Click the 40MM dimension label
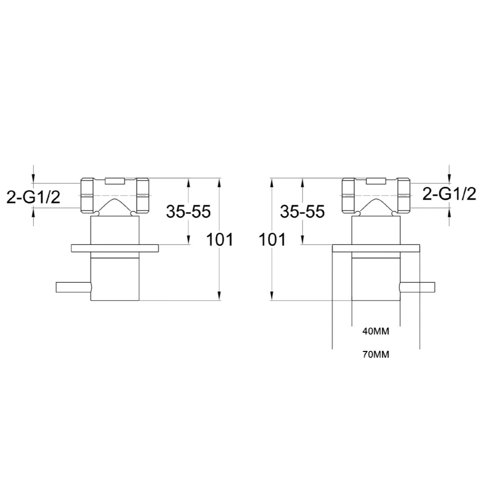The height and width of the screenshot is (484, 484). coord(376,332)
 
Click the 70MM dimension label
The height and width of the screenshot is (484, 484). coord(376,354)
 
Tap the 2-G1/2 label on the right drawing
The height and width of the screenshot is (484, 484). coord(450,194)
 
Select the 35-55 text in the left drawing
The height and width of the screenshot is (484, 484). coord(188,212)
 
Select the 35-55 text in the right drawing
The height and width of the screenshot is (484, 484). coord(302,212)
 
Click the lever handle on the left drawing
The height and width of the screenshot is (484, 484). coord(73,287)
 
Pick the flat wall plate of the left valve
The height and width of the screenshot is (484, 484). coord(115,248)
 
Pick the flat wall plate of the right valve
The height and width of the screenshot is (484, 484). coord(376,248)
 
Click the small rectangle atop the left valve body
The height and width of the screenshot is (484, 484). coord(115,181)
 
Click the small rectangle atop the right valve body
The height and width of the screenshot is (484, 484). coord(376,181)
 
